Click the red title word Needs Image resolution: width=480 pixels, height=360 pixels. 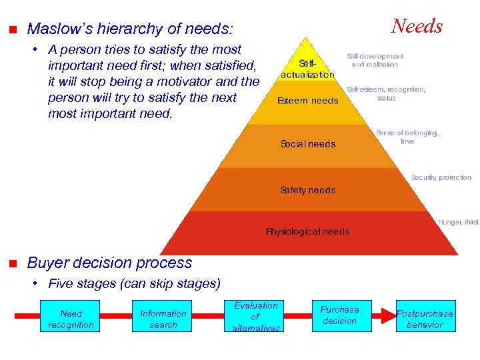417,27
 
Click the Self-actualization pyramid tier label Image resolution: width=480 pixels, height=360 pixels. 307,68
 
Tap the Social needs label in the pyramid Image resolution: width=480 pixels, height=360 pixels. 307,144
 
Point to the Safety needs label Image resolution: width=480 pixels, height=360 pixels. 307,190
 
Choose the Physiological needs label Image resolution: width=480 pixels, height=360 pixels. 307,232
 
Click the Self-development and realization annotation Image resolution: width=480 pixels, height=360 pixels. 375,61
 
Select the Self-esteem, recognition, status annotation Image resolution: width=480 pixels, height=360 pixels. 386,93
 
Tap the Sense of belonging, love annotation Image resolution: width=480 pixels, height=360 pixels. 407,137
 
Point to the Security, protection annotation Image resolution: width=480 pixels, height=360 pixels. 441,177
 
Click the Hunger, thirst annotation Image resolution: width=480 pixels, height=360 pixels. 458,222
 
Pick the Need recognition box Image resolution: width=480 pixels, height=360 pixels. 71,319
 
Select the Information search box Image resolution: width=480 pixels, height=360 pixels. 163,319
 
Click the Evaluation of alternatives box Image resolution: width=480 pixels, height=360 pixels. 255,317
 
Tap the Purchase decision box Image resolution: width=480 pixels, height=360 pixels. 339,315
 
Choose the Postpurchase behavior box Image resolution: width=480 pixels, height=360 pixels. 425,319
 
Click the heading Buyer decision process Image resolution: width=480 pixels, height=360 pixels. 109,263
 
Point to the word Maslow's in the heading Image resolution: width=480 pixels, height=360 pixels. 62,29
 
